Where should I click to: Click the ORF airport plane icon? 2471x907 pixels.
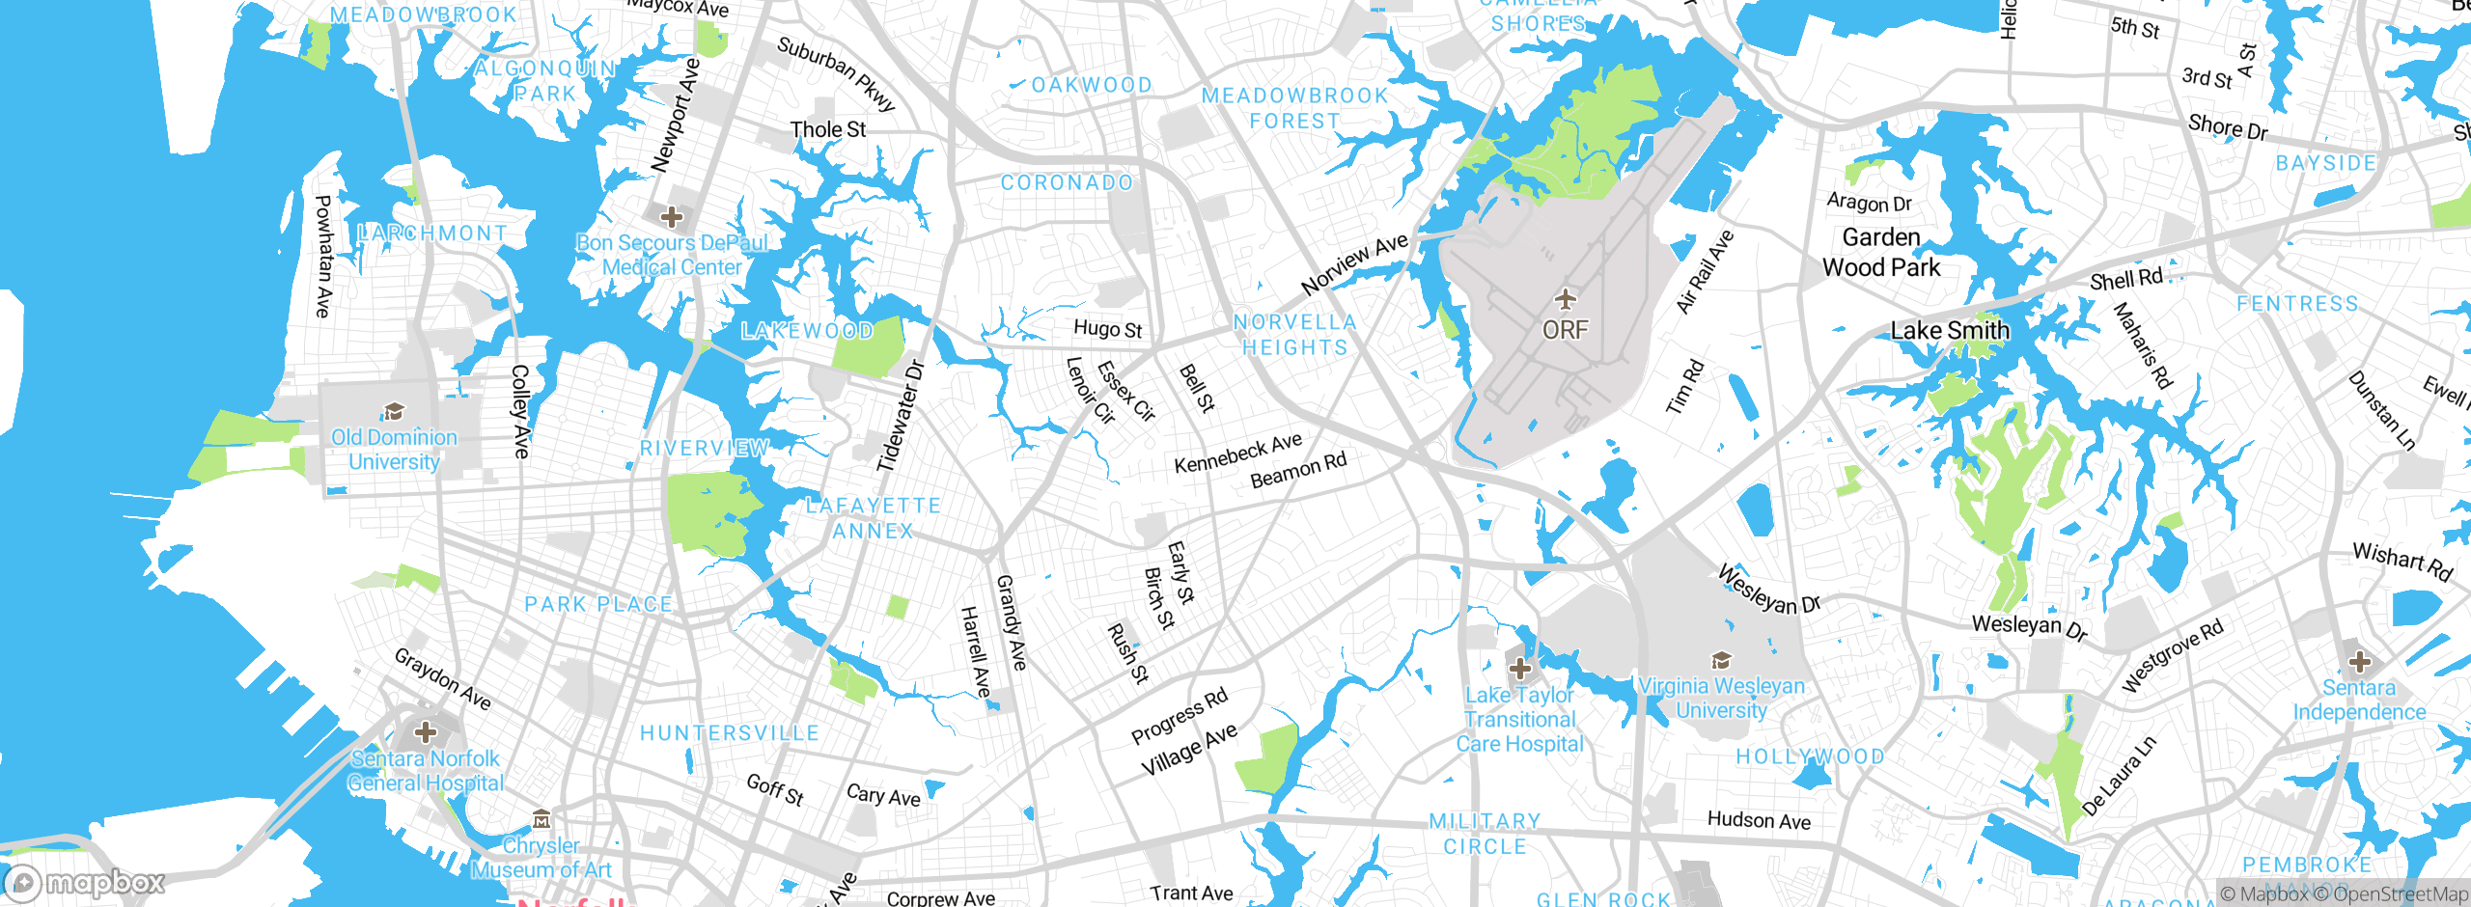click(1565, 299)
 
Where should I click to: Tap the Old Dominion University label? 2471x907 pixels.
click(394, 450)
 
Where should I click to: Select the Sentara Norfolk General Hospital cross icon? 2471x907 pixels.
click(425, 731)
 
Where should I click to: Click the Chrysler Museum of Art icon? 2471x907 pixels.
click(541, 820)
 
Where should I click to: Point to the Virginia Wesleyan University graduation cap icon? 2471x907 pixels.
click(1720, 661)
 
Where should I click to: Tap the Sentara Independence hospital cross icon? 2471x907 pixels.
click(2359, 662)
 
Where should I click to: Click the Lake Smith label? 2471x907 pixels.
click(1949, 331)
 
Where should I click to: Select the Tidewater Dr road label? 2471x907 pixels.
click(900, 416)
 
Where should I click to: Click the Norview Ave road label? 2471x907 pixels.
click(1353, 264)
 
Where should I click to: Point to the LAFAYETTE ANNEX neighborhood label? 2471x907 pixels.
click(873, 518)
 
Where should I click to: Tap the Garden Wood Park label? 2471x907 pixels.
click(1880, 253)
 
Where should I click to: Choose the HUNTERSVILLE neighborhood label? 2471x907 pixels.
click(730, 733)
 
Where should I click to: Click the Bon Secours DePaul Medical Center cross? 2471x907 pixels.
click(672, 216)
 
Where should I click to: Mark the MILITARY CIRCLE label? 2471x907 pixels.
click(1485, 834)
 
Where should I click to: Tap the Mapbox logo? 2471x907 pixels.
click(85, 882)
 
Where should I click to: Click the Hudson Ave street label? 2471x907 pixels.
click(1759, 820)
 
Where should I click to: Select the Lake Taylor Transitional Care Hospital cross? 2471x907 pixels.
click(1519, 668)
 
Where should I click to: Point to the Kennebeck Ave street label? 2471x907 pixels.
click(1237, 453)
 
